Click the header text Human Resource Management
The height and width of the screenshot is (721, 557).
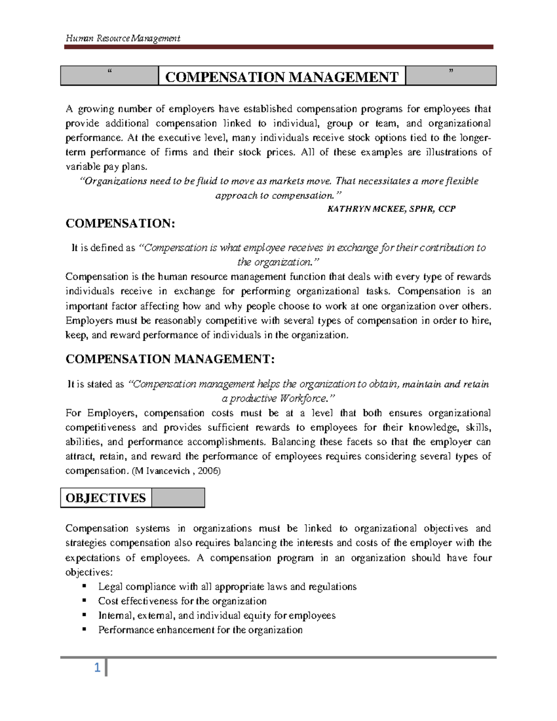click(x=123, y=38)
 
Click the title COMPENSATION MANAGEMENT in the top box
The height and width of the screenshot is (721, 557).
click(x=282, y=77)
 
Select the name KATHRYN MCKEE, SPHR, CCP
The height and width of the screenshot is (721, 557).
click(x=391, y=209)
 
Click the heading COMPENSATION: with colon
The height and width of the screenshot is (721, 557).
click(x=121, y=224)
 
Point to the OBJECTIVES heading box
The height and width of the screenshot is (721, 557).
click(x=106, y=498)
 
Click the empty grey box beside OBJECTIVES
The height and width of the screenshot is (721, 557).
click(x=178, y=498)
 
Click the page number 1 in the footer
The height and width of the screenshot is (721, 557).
click(x=97, y=669)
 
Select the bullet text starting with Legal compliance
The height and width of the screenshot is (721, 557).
click(x=227, y=587)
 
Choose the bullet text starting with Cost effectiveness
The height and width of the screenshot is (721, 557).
click(x=182, y=601)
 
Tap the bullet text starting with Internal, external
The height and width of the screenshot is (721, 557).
click(x=216, y=616)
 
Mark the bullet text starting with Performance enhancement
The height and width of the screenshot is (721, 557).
click(x=200, y=630)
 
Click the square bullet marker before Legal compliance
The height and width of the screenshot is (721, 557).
click(x=84, y=586)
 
